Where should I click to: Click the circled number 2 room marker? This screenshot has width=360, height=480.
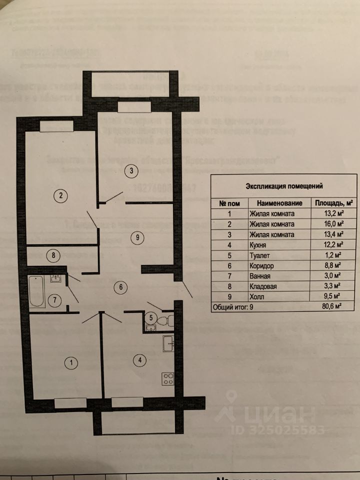(x=60, y=195)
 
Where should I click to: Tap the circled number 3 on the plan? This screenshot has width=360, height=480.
(x=131, y=171)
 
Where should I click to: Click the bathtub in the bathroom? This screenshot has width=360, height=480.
(x=36, y=292)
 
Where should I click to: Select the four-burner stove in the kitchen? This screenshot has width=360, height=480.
(x=167, y=378)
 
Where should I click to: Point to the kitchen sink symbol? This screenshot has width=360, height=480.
(x=168, y=342)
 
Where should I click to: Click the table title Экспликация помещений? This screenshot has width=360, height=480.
(x=284, y=186)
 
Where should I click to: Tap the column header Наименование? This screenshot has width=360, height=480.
(x=280, y=203)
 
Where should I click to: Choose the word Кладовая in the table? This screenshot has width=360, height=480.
(x=263, y=286)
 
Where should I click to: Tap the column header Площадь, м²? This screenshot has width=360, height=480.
(x=333, y=203)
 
